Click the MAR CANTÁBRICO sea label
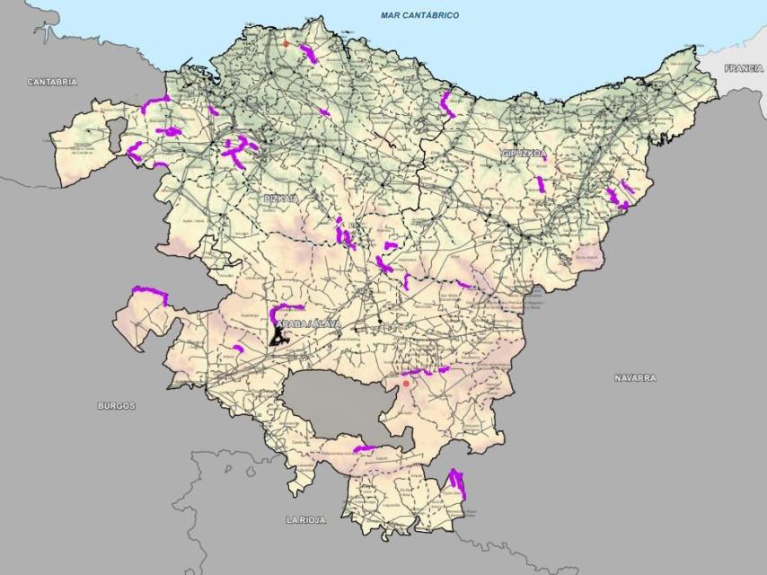click(419, 15)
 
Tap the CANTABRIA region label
click(52, 82)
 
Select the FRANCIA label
click(743, 68)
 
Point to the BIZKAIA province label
click(280, 198)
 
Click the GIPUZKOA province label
click(524, 155)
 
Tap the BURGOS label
click(117, 406)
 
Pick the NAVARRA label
click(635, 378)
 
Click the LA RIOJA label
click(306, 520)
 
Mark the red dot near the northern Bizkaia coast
click(287, 43)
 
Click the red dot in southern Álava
click(406, 384)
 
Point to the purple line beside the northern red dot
click(309, 55)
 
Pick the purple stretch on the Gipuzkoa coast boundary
click(446, 104)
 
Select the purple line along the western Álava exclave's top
click(150, 292)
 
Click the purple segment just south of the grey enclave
click(364, 448)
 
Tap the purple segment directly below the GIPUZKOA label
click(541, 186)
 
